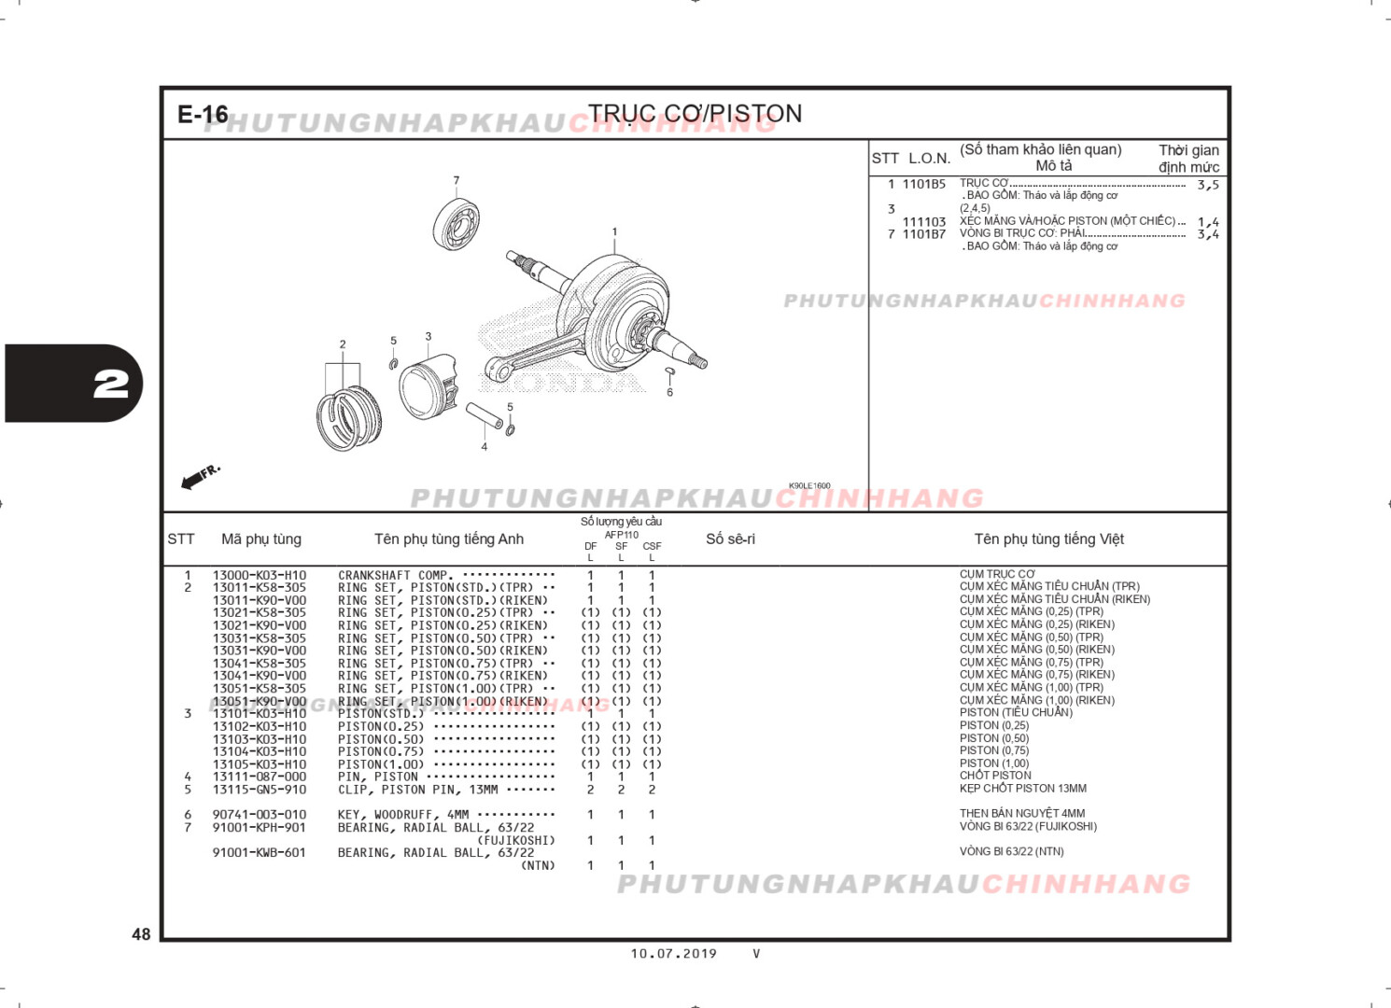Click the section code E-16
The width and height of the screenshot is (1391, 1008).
tap(203, 114)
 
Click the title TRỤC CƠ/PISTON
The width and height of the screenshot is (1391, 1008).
tap(695, 114)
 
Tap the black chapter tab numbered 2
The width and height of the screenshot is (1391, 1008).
tap(75, 384)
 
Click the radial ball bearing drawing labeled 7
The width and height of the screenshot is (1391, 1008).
tap(457, 224)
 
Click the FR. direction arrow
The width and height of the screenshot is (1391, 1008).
tap(200, 476)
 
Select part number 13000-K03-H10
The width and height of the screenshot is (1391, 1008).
tap(259, 576)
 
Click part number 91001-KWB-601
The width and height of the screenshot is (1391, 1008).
tap(259, 852)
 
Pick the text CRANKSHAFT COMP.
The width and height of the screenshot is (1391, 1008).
tap(394, 576)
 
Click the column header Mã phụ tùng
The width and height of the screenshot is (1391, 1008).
tap(261, 539)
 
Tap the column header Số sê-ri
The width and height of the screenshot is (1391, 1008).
tap(730, 539)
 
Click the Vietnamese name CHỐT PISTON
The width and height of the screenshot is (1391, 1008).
tap(995, 776)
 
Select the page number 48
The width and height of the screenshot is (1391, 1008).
tap(141, 933)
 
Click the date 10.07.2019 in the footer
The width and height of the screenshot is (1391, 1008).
tap(673, 953)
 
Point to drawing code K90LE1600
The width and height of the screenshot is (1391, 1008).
tap(808, 485)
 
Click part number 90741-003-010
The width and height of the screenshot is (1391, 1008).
tap(259, 815)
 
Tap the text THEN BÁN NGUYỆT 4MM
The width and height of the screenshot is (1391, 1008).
tap(1022, 814)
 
